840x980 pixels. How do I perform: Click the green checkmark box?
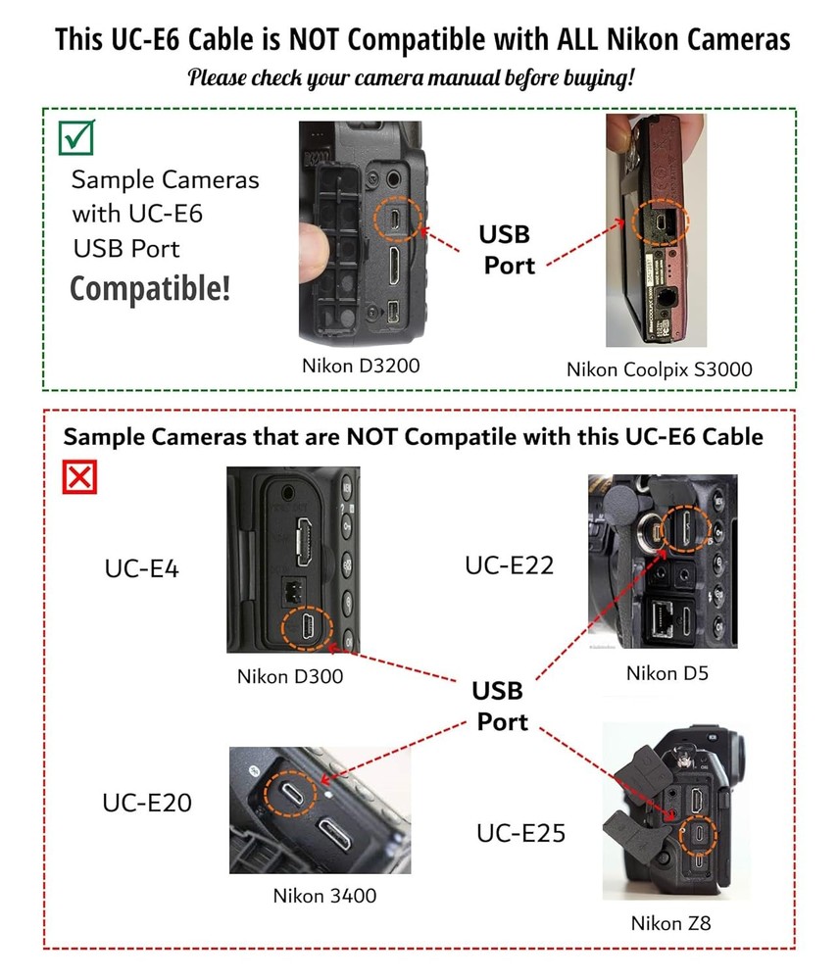click(x=76, y=136)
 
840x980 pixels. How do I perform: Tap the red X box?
click(x=79, y=477)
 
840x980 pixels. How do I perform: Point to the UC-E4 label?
click(x=142, y=568)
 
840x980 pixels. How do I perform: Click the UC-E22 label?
click(x=510, y=564)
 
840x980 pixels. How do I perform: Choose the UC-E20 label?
click(x=147, y=803)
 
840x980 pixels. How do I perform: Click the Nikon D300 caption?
click(x=290, y=676)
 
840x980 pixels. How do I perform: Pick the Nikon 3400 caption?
click(x=324, y=895)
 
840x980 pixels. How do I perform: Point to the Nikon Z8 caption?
click(x=669, y=923)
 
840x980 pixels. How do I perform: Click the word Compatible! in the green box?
click(x=149, y=288)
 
